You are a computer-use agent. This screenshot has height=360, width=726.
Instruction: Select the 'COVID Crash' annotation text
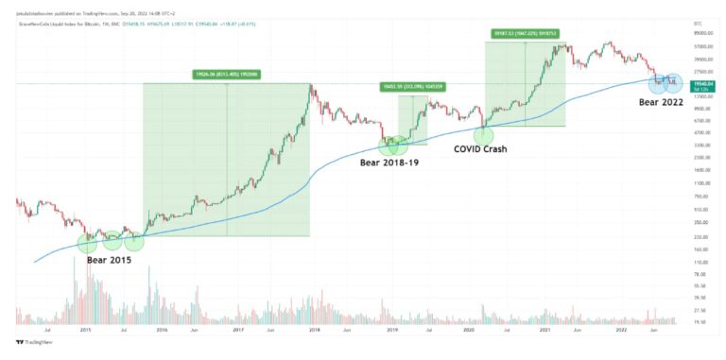pyautogui.click(x=488, y=148)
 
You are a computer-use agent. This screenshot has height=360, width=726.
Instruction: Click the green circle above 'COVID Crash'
pyautogui.click(x=483, y=135)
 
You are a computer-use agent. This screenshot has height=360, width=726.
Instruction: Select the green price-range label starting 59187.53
pyautogui.click(x=525, y=33)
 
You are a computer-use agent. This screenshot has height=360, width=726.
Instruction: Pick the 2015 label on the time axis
pyautogui.click(x=85, y=330)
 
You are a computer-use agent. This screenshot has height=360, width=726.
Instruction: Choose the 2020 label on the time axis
pyautogui.click(x=468, y=330)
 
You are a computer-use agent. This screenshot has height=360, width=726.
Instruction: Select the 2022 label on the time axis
pyautogui.click(x=621, y=330)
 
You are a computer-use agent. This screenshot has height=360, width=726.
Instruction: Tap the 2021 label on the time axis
pyautogui.click(x=544, y=330)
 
